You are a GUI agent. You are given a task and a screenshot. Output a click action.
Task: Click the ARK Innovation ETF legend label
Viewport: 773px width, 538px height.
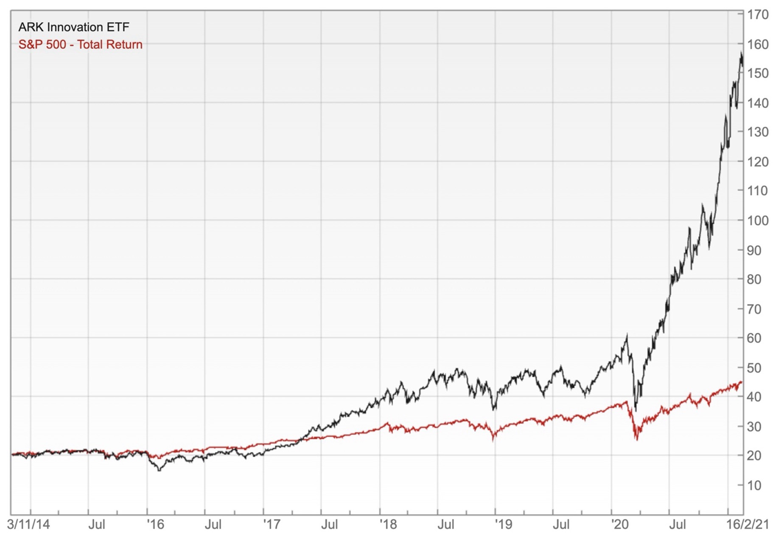coord(73,27)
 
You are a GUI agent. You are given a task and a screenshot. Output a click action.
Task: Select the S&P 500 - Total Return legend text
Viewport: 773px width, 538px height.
coord(80,45)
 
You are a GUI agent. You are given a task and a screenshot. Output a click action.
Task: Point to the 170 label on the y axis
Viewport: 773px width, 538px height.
coord(757,15)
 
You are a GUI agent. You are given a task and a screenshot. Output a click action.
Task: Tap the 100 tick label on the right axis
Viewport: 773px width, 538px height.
coord(757,221)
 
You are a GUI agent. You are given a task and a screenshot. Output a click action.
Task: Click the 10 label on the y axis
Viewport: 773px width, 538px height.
coord(754,485)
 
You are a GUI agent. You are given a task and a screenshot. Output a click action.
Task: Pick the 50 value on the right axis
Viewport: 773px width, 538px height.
coord(754,367)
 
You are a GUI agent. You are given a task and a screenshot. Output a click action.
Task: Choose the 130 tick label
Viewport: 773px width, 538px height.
coord(757,132)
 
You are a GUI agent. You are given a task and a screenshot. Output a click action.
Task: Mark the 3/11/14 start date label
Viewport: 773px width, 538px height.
coord(28,524)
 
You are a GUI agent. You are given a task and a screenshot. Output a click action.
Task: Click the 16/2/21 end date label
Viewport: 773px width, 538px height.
coord(747,524)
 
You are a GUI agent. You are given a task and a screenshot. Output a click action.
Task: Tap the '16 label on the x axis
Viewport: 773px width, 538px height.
coord(155,524)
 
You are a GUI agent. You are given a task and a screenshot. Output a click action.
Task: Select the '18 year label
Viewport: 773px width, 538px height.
coord(388,524)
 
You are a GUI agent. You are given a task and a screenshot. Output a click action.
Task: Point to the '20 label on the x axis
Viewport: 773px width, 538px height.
coord(619,524)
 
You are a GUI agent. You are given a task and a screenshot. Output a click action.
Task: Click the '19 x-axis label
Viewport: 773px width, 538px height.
coord(504,524)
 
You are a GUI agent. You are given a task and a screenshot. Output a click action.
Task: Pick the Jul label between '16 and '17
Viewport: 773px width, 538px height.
coord(213,524)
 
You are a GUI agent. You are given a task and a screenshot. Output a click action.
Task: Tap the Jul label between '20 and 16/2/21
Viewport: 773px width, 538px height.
coord(678,524)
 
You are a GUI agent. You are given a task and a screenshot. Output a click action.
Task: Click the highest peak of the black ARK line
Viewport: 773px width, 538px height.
coord(741,53)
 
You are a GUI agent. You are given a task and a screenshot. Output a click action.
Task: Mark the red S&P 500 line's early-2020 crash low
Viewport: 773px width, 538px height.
coord(636,439)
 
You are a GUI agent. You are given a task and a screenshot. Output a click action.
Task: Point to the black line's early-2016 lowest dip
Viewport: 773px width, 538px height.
coord(159,470)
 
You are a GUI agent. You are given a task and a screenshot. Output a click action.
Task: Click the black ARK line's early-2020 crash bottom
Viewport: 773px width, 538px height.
coord(635,410)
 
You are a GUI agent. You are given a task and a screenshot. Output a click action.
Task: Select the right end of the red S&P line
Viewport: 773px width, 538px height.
coord(741,382)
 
